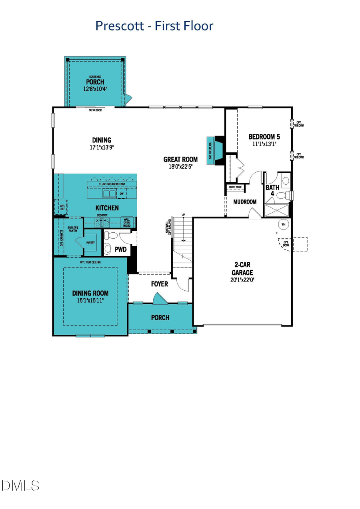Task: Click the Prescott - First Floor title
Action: (x=154, y=26)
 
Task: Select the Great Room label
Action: (x=180, y=160)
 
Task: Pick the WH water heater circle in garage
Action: (x=283, y=224)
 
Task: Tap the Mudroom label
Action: (x=245, y=202)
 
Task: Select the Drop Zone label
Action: (x=235, y=187)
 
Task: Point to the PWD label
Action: (x=120, y=249)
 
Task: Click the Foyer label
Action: (x=159, y=284)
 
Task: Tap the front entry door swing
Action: (x=157, y=298)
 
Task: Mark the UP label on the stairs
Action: (x=183, y=215)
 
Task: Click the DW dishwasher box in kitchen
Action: (x=122, y=194)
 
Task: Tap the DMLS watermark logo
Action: (x=20, y=485)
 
